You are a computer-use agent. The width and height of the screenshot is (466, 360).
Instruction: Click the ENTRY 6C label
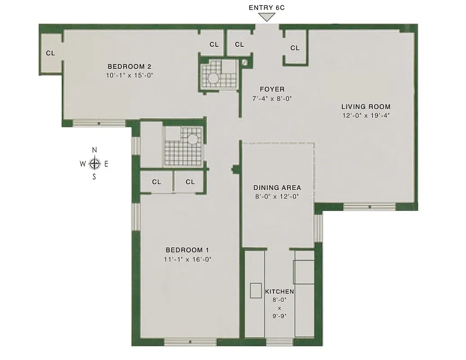[268, 8]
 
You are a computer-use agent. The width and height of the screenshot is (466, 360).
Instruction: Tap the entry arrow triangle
[268, 17]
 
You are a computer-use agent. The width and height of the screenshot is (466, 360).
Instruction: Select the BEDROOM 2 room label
[129, 67]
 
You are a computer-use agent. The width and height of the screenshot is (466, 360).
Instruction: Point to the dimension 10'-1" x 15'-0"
[130, 76]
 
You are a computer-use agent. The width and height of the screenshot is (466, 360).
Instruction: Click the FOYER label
[272, 89]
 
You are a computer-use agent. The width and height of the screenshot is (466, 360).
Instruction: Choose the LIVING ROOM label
[366, 107]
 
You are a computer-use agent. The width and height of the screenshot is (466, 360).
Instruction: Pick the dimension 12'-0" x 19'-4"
[366, 116]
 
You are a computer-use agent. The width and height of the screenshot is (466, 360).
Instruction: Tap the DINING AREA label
[277, 188]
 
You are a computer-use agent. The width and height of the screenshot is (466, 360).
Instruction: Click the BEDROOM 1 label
[187, 250]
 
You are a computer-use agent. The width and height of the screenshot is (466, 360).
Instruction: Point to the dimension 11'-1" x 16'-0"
[188, 259]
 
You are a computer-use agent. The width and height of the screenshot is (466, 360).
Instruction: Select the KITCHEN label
[279, 292]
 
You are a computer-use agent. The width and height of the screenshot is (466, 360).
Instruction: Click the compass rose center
[94, 164]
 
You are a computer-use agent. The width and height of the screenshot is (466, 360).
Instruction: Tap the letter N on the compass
[94, 150]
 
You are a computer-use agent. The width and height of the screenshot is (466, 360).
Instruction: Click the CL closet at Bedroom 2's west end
[50, 53]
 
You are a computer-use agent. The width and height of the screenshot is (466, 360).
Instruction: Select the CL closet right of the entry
[295, 48]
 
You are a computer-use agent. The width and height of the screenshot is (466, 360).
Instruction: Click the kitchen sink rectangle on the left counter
[255, 290]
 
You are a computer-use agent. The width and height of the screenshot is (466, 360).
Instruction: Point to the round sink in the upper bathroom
[212, 78]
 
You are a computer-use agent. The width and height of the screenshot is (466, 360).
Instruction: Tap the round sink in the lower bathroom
[193, 139]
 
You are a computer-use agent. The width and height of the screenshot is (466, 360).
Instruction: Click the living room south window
[370, 207]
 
